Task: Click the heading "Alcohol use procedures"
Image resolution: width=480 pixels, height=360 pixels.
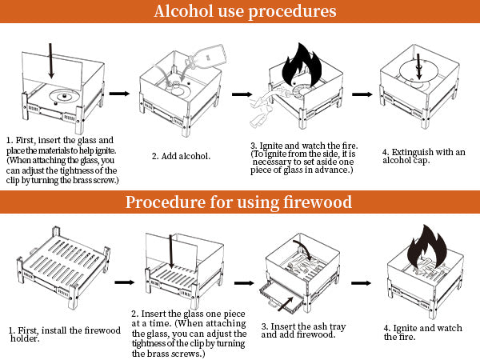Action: pos(239,12)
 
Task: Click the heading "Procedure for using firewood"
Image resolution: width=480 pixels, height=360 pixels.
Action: pos(239,202)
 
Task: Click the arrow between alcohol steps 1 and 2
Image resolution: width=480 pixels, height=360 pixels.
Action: pos(119,94)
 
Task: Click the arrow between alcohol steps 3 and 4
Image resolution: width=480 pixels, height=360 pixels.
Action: pos(362,94)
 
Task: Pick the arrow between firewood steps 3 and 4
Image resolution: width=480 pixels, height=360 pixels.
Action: pos(362,282)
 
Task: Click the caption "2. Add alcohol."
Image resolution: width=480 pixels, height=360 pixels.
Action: pos(182,155)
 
